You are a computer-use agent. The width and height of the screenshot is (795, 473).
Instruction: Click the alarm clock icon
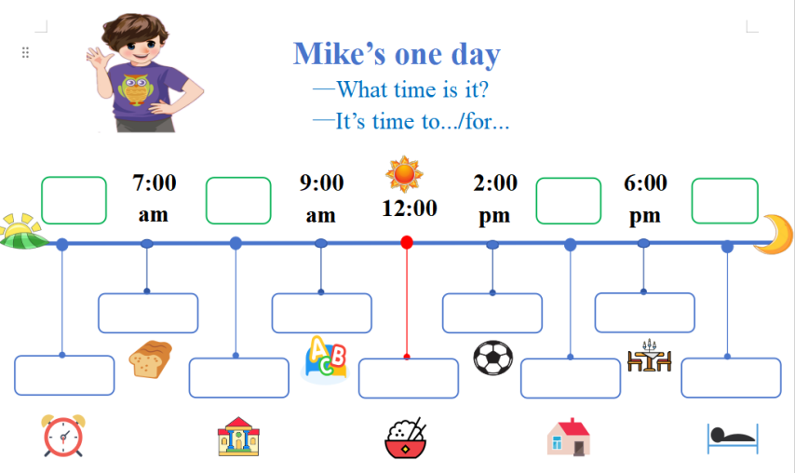(x=63, y=436)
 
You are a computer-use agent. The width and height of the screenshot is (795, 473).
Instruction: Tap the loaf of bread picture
(x=151, y=359)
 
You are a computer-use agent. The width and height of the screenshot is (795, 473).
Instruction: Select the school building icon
(x=238, y=437)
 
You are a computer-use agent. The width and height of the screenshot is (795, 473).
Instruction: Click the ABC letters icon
(x=326, y=359)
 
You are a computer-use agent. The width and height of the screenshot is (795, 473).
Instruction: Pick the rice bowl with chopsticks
(x=406, y=438)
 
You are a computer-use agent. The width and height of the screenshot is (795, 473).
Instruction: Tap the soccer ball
(x=492, y=358)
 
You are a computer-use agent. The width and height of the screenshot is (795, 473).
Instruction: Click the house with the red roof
(x=569, y=437)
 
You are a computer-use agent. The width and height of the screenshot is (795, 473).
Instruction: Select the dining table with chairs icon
(x=650, y=356)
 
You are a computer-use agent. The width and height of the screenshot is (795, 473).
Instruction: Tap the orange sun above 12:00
(x=404, y=174)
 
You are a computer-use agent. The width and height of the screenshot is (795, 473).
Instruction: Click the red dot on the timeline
(x=407, y=242)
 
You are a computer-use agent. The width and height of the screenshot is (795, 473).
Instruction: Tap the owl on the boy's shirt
(x=135, y=90)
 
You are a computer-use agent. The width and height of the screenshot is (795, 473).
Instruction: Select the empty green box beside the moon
(x=725, y=201)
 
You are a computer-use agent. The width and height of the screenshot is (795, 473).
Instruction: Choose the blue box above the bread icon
(x=148, y=313)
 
